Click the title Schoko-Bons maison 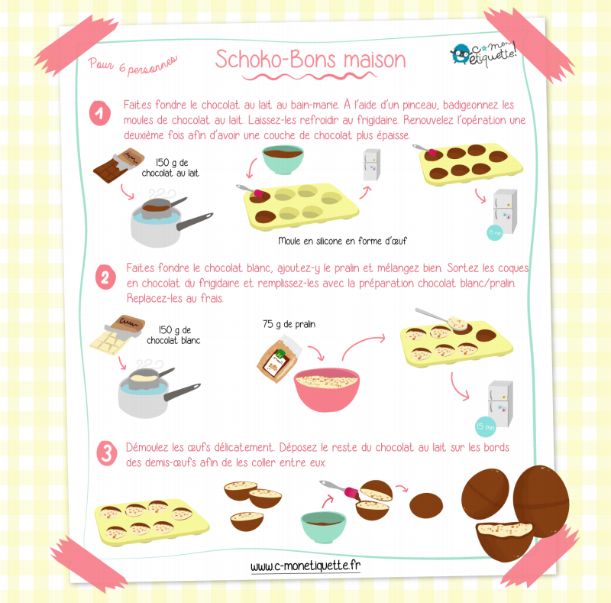(x=310, y=60)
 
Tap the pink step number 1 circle (x=100, y=113)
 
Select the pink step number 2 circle (x=105, y=277)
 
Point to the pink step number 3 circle (x=107, y=453)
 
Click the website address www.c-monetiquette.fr (x=305, y=566)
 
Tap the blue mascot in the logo (x=461, y=53)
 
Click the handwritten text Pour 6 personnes (x=132, y=64)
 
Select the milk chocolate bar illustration (x=118, y=165)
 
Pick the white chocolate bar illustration (x=117, y=335)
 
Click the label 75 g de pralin (x=289, y=324)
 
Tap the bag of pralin (x=278, y=361)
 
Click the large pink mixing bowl (x=327, y=389)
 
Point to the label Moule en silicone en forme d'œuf (x=342, y=241)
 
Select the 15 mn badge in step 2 (x=486, y=426)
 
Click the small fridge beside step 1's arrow (x=372, y=164)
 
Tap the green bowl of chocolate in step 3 (x=323, y=527)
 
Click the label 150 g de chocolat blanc (x=173, y=335)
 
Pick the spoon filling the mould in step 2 (x=441, y=319)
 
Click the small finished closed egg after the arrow (x=426, y=505)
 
